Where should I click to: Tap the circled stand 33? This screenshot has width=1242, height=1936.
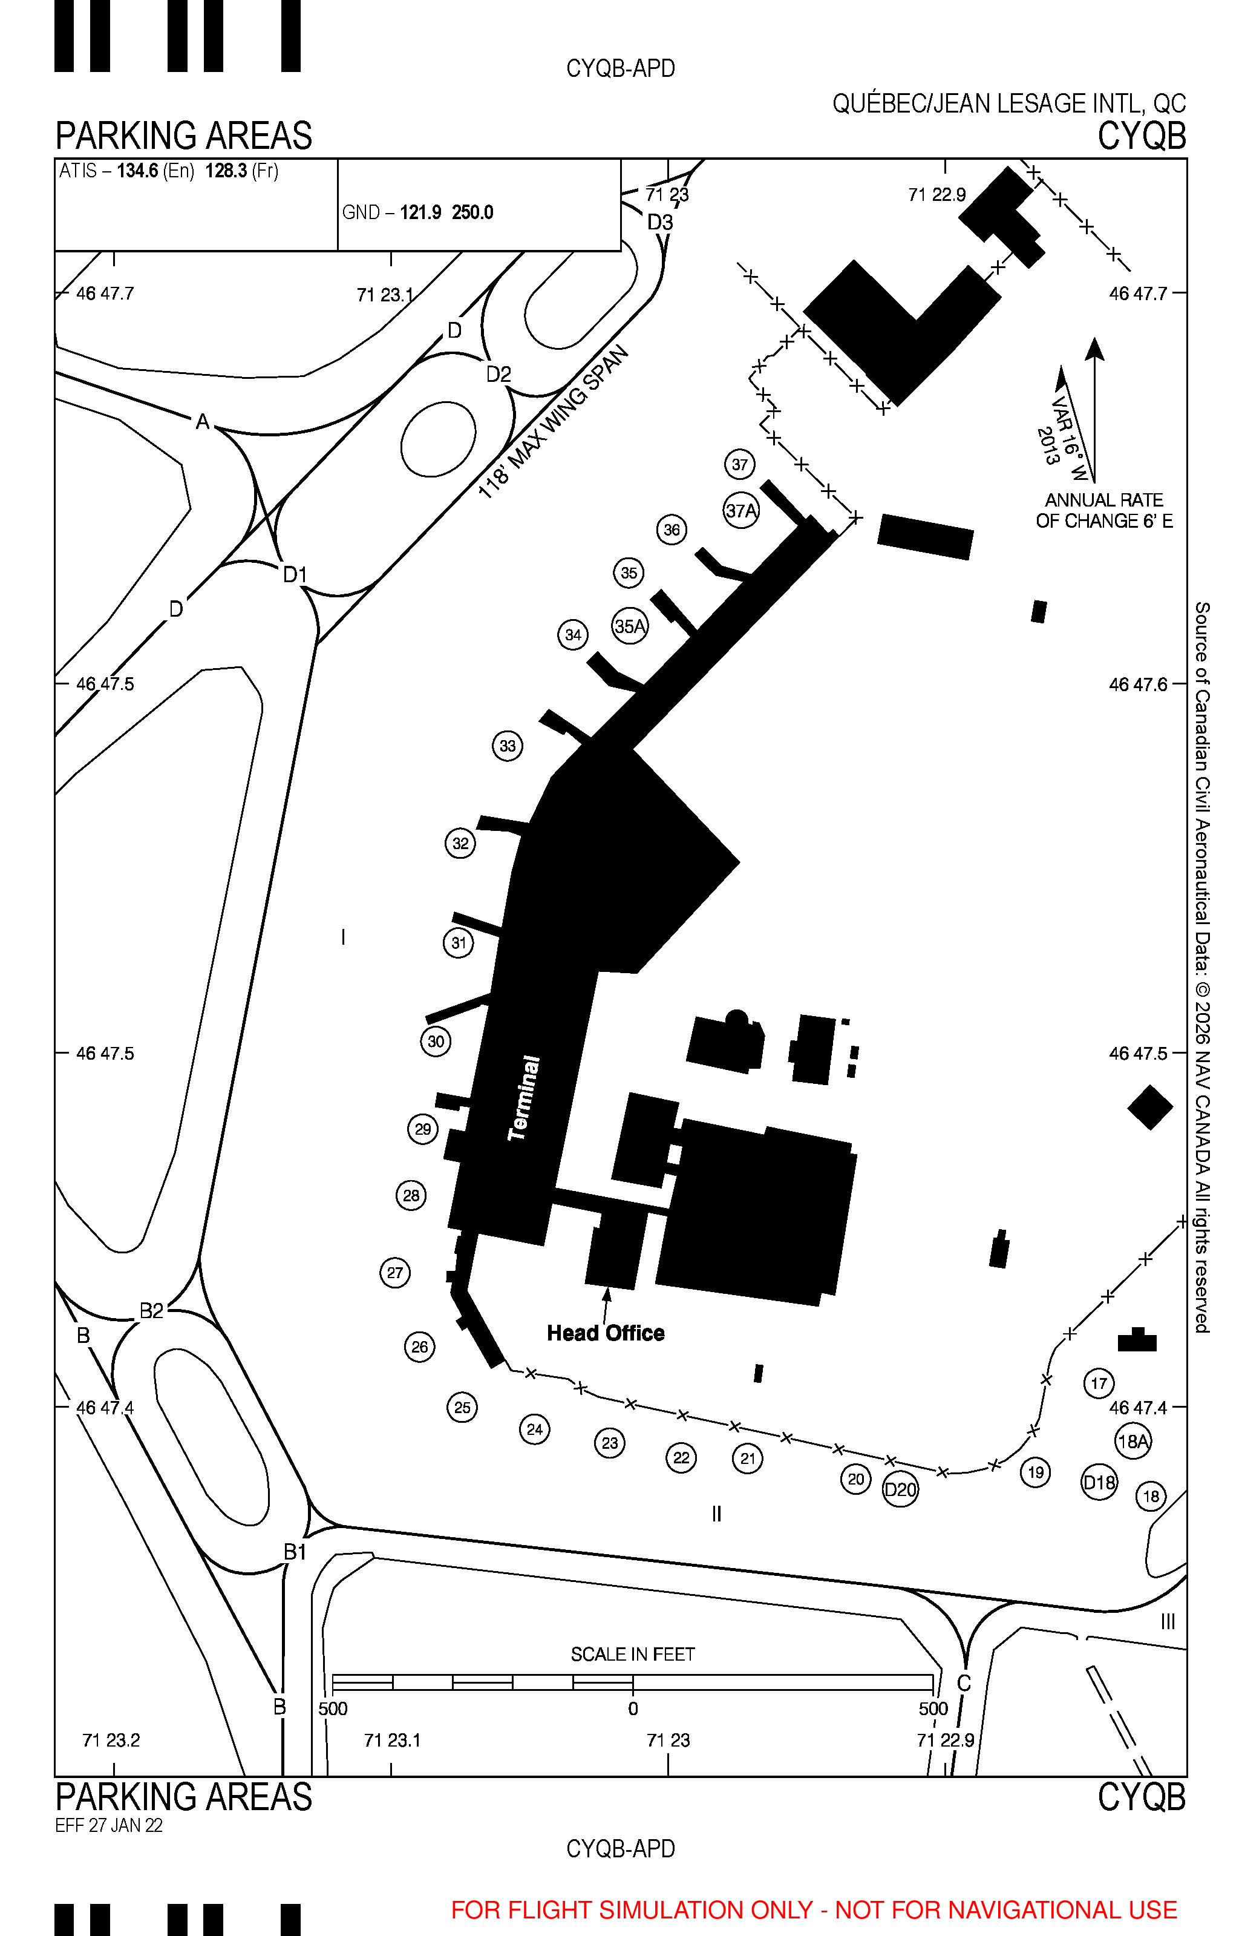tap(508, 746)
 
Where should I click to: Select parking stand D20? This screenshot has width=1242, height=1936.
tap(901, 1489)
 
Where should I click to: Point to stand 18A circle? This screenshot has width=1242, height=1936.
tap(1133, 1441)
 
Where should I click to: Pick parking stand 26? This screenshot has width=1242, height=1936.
tap(419, 1347)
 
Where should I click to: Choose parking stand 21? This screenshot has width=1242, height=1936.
tap(748, 1459)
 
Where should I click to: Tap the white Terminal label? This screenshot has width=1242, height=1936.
tap(525, 1098)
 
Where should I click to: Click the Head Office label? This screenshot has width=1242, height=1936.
tap(606, 1333)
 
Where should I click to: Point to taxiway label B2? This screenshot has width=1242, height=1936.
tap(152, 1311)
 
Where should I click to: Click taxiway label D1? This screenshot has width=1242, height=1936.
tap(295, 574)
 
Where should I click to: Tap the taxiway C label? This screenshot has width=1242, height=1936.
tap(964, 1682)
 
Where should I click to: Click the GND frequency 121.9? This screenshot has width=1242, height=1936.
tap(421, 212)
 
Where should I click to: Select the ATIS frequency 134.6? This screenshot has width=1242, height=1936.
tap(138, 171)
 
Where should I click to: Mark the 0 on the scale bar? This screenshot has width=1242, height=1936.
tap(633, 1708)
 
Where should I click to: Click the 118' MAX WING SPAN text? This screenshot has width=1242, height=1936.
tap(554, 424)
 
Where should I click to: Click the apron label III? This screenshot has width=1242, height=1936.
tap(1168, 1621)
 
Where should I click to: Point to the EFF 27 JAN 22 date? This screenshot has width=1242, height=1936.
tap(109, 1825)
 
